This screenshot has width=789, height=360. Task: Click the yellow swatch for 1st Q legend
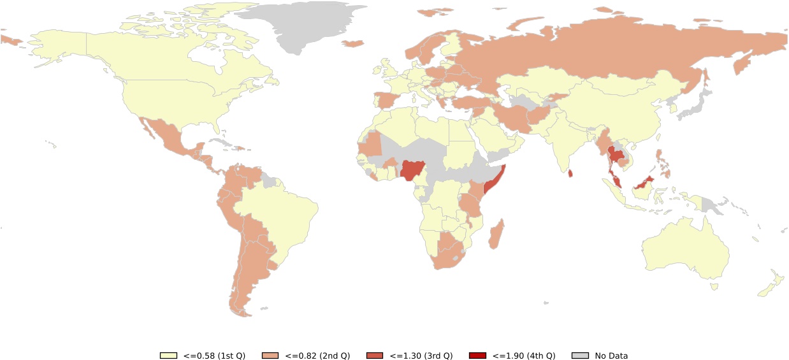click(168, 356)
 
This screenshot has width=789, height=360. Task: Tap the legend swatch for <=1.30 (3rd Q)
click(375, 356)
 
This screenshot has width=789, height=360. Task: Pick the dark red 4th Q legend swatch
click(477, 356)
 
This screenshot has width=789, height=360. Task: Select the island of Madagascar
click(496, 234)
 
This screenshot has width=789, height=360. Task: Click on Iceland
click(352, 43)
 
